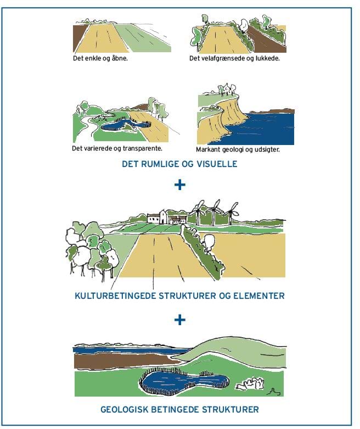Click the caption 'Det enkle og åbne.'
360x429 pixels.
click(100, 58)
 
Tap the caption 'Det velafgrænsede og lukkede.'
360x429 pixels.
click(234, 58)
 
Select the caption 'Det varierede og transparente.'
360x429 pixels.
click(117, 148)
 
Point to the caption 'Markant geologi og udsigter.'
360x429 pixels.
click(238, 149)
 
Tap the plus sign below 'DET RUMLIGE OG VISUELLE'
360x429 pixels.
click(180, 185)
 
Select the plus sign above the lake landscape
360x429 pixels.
click(180, 320)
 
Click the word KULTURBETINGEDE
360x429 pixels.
click(115, 296)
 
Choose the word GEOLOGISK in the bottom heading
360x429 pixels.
click(125, 410)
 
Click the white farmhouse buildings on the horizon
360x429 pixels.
click(167, 217)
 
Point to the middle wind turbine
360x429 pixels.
click(215, 212)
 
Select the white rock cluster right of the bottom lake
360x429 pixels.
click(250, 383)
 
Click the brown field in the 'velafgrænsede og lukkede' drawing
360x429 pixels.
click(267, 42)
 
